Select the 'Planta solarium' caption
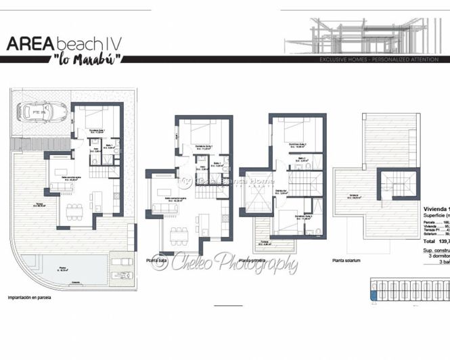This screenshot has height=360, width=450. point(346,260)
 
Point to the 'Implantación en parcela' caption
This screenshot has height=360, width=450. point(29,297)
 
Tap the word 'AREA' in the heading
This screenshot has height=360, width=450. point(30,43)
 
